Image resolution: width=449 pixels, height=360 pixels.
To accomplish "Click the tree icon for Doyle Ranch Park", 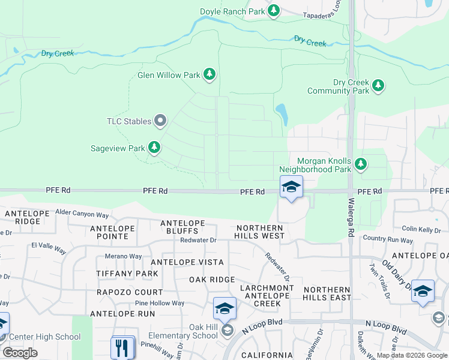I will pos(274,10).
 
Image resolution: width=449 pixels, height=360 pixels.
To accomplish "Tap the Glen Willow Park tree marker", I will pos(209,75).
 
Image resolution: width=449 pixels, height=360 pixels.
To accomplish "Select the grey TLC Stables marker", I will pos(160,122).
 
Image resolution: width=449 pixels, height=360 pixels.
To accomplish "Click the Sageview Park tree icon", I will pos(155,148).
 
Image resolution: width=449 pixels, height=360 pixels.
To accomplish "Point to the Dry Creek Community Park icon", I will pos(378,86).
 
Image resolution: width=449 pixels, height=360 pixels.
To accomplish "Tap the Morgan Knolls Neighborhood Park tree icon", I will pos(360,164).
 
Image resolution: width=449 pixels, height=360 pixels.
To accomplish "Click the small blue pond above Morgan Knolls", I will pos(281,111).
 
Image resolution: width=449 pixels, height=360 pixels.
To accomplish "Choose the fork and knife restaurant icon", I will pos(122,347).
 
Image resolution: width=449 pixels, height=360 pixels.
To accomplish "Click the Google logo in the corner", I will pos(20,353).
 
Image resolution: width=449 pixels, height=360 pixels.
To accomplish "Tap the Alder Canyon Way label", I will pos(82,213).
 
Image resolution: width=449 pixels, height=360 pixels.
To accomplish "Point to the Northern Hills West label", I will pos(260,232).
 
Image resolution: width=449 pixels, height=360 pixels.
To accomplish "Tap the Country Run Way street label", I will pos(388,240).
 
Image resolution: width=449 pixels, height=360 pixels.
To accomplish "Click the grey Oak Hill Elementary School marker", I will pos(227,330).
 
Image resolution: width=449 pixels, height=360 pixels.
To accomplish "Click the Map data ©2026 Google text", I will pos(411,355).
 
